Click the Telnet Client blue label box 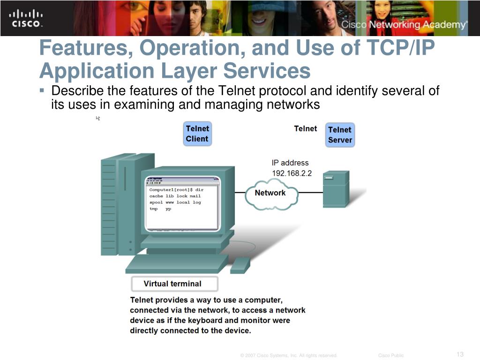197,134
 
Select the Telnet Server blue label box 340,135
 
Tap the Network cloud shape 270,193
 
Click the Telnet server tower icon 336,188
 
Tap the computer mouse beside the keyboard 240,265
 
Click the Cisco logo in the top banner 26,18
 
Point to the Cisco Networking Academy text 404,25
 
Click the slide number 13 460,354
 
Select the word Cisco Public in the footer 391,355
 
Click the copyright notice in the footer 289,355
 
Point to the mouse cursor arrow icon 98,118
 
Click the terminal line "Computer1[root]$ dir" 177,189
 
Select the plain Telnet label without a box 306,128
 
